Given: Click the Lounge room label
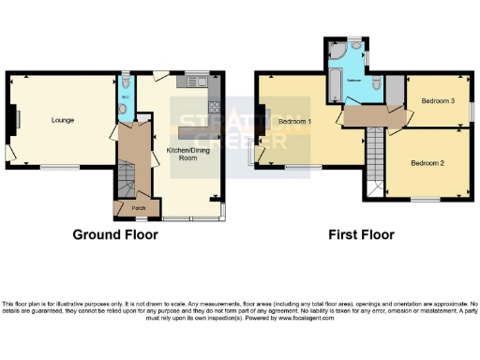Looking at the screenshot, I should [x=63, y=120].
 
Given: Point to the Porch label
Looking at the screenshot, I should [x=137, y=207].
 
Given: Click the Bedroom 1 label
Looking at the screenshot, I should [x=295, y=122].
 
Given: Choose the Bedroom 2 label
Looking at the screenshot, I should [x=427, y=163].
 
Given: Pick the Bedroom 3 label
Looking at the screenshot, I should [x=437, y=101].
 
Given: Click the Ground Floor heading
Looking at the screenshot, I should [x=116, y=234].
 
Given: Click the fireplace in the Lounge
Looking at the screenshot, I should [x=13, y=119].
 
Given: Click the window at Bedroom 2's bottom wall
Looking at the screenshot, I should [x=425, y=200].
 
